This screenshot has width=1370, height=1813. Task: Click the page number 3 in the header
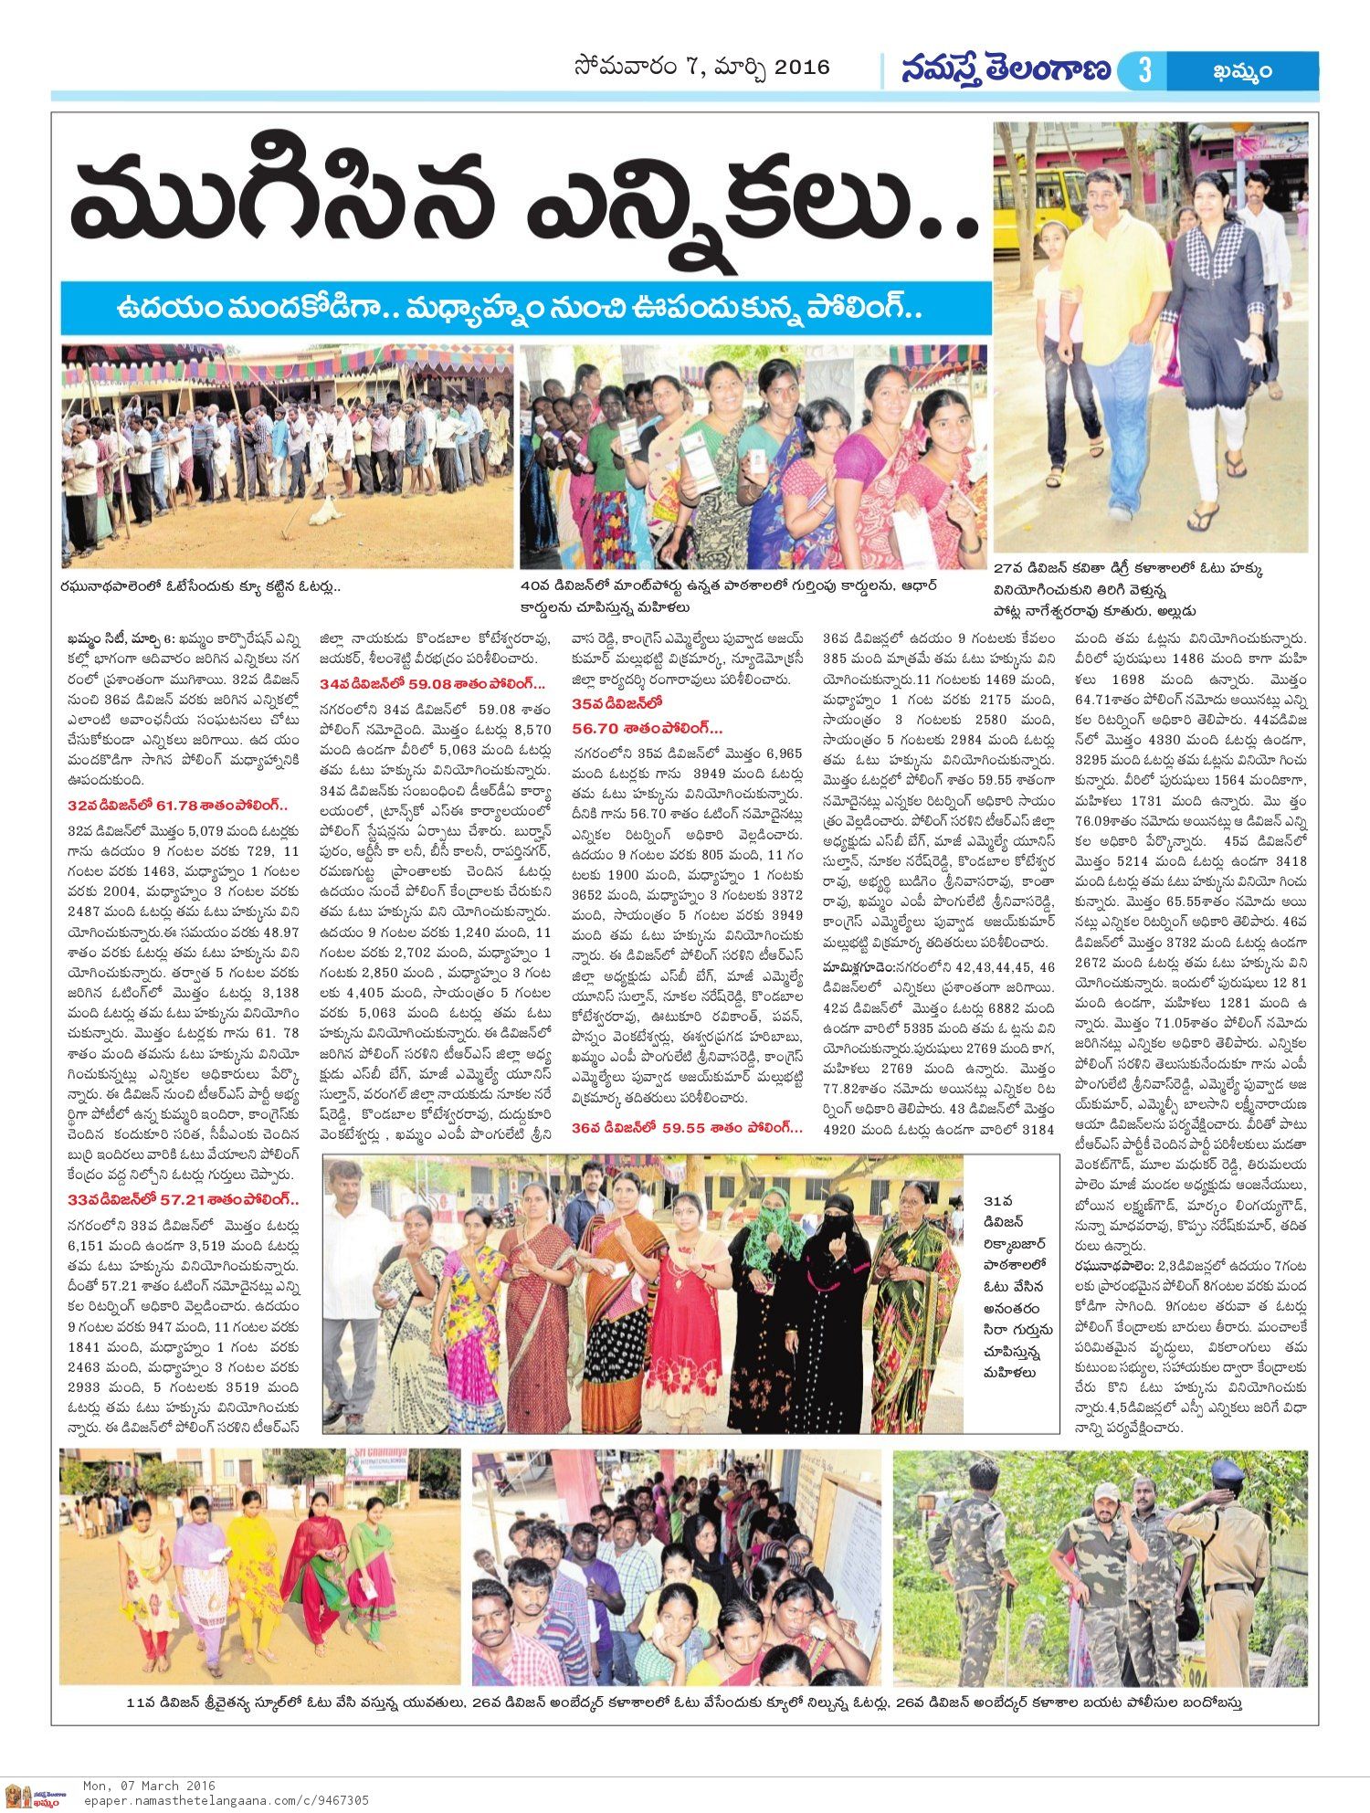click(x=1145, y=70)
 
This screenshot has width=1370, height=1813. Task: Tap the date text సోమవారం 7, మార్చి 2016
click(x=702, y=68)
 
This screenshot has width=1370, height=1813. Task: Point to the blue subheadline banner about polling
click(x=525, y=307)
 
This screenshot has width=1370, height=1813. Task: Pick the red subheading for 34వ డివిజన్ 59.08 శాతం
click(x=431, y=683)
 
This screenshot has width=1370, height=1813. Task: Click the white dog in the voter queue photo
click(x=321, y=513)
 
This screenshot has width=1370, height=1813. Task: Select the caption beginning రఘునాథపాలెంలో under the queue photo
click(x=201, y=585)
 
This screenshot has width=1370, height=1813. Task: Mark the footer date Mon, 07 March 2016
click(x=149, y=1785)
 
